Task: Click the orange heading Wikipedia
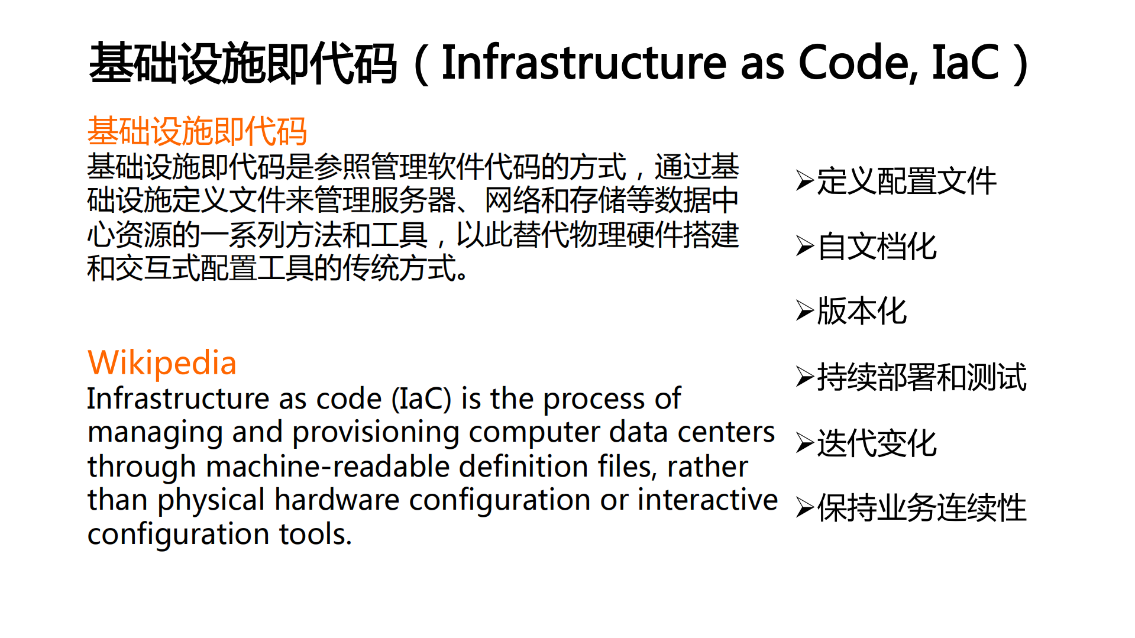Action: click(161, 362)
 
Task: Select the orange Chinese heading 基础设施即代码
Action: click(197, 131)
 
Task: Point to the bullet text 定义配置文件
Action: click(906, 181)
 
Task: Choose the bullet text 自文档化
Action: click(877, 247)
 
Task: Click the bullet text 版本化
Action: click(862, 311)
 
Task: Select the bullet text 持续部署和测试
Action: click(921, 377)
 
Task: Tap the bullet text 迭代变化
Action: click(877, 443)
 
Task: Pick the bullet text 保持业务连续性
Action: click(921, 508)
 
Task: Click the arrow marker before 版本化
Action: click(805, 311)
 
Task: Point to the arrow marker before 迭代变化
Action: click(805, 443)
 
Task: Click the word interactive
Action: click(707, 500)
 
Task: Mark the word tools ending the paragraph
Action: click(315, 534)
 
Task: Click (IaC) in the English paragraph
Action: click(422, 399)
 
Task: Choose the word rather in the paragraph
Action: click(707, 467)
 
